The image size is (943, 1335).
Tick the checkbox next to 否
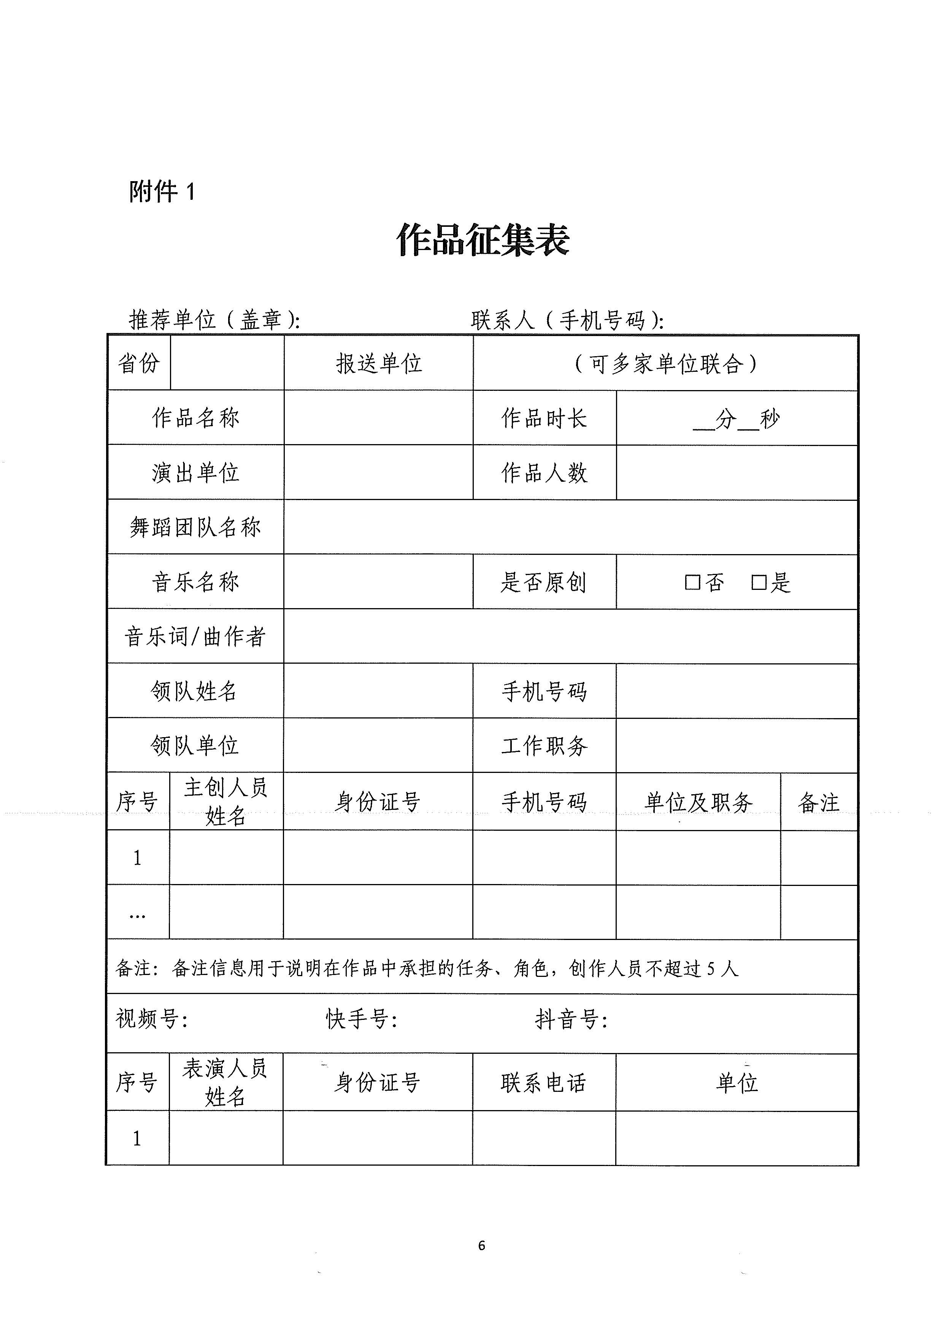coord(692,582)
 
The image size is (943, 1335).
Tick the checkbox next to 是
coord(758,582)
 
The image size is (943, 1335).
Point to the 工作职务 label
coord(545,746)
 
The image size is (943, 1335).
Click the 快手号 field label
coord(361,1019)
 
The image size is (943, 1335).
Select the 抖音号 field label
coord(571,1019)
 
